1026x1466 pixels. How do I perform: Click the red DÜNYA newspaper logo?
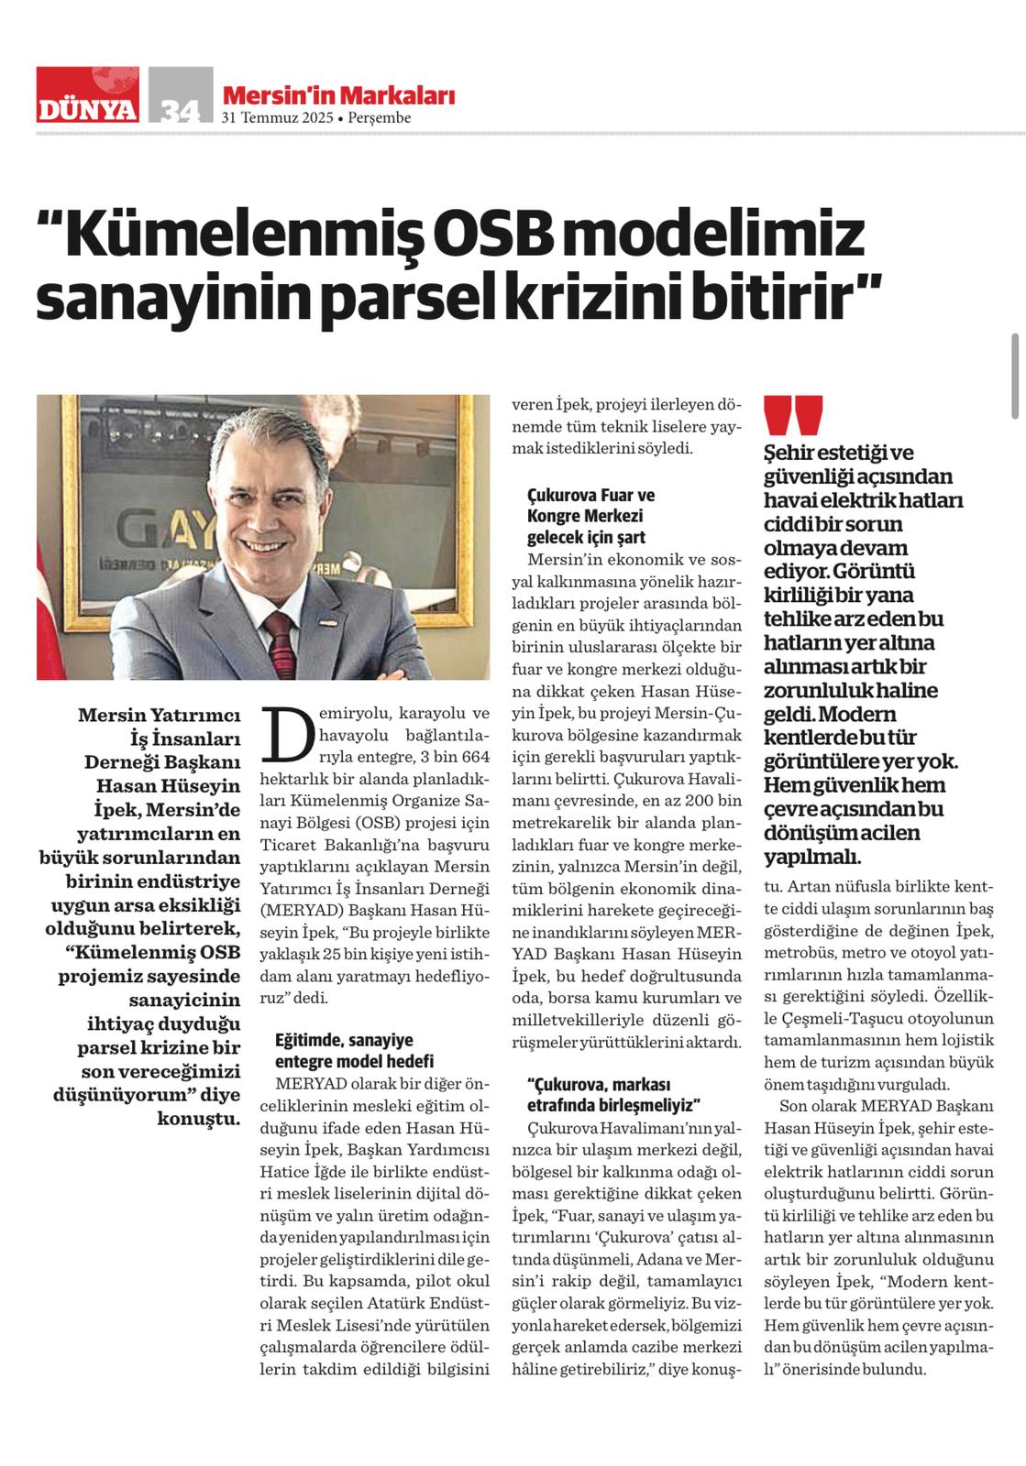click(x=88, y=95)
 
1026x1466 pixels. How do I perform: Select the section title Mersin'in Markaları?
click(x=338, y=95)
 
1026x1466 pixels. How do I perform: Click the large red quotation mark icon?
click(x=793, y=417)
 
